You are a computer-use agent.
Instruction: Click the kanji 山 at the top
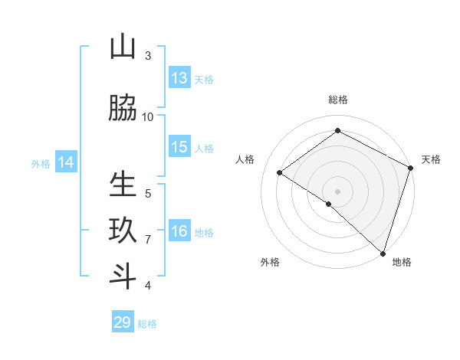123,47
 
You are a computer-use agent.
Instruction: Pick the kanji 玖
123,231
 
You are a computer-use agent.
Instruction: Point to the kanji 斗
123,277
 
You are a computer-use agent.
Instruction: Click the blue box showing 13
179,78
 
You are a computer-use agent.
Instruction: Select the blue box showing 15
179,147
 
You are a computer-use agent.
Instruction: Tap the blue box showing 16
179,231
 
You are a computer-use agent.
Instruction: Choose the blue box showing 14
65,162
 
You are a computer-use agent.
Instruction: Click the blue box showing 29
123,322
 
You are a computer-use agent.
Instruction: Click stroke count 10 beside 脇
148,116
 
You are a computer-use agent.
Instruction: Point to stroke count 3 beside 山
148,56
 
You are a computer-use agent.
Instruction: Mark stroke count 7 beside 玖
148,240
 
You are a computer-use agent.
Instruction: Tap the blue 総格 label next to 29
147,324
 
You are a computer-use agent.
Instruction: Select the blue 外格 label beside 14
40,163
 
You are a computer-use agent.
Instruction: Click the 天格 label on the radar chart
431,159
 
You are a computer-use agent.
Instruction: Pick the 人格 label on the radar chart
245,159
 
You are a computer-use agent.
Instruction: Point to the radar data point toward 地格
383,253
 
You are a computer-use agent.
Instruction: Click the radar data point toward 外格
329,204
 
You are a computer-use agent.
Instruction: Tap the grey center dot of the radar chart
337,191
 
